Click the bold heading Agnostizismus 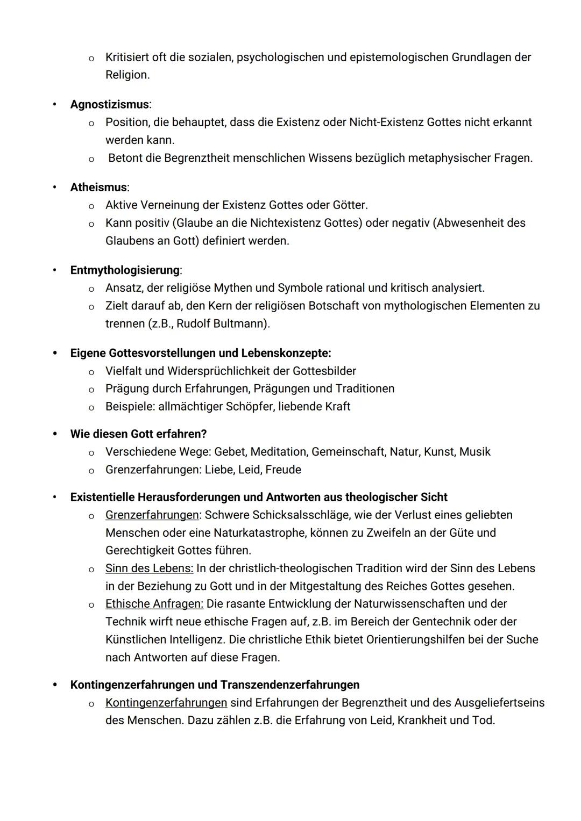tap(109, 104)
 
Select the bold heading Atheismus tap(98, 188)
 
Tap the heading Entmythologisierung tap(125, 270)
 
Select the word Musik tap(474, 452)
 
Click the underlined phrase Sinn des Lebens tap(149, 568)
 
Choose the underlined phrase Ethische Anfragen tap(154, 604)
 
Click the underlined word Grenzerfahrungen tap(152, 515)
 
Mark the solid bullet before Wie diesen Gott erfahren tap(55, 434)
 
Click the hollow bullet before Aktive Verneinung tap(91, 206)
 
